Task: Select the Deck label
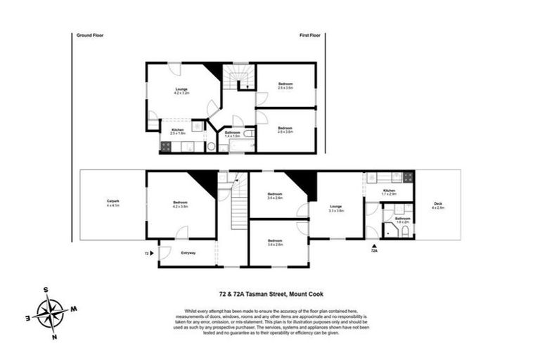coord(437,205)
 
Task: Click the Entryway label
coord(188,252)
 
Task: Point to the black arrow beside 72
coord(152,252)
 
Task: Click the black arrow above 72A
coord(373,243)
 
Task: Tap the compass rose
coord(49,309)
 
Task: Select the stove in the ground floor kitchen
coord(406,177)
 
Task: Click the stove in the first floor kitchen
coord(166,147)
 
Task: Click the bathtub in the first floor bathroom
coord(233,146)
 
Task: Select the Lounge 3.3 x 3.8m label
coord(335,208)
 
